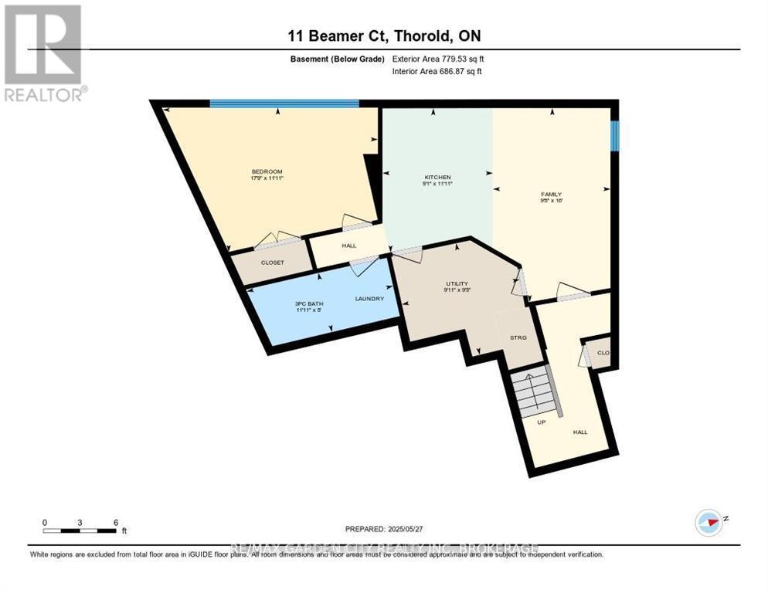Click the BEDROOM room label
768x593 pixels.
[x=267, y=171]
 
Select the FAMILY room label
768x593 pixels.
[x=550, y=195]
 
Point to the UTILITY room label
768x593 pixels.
[x=456, y=283]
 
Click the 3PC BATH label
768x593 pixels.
[x=310, y=303]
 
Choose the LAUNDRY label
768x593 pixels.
[x=369, y=299]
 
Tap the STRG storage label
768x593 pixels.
[x=517, y=337]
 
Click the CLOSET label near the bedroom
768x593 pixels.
[x=272, y=263]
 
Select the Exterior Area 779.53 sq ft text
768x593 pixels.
[x=438, y=59]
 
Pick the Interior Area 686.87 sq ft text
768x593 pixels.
[x=438, y=72]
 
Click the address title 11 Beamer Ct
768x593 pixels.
[x=383, y=36]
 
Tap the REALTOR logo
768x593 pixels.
[x=45, y=53]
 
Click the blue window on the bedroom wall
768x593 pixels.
[x=284, y=103]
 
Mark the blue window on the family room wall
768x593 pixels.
[x=614, y=136]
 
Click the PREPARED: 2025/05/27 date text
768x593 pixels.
[x=384, y=529]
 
